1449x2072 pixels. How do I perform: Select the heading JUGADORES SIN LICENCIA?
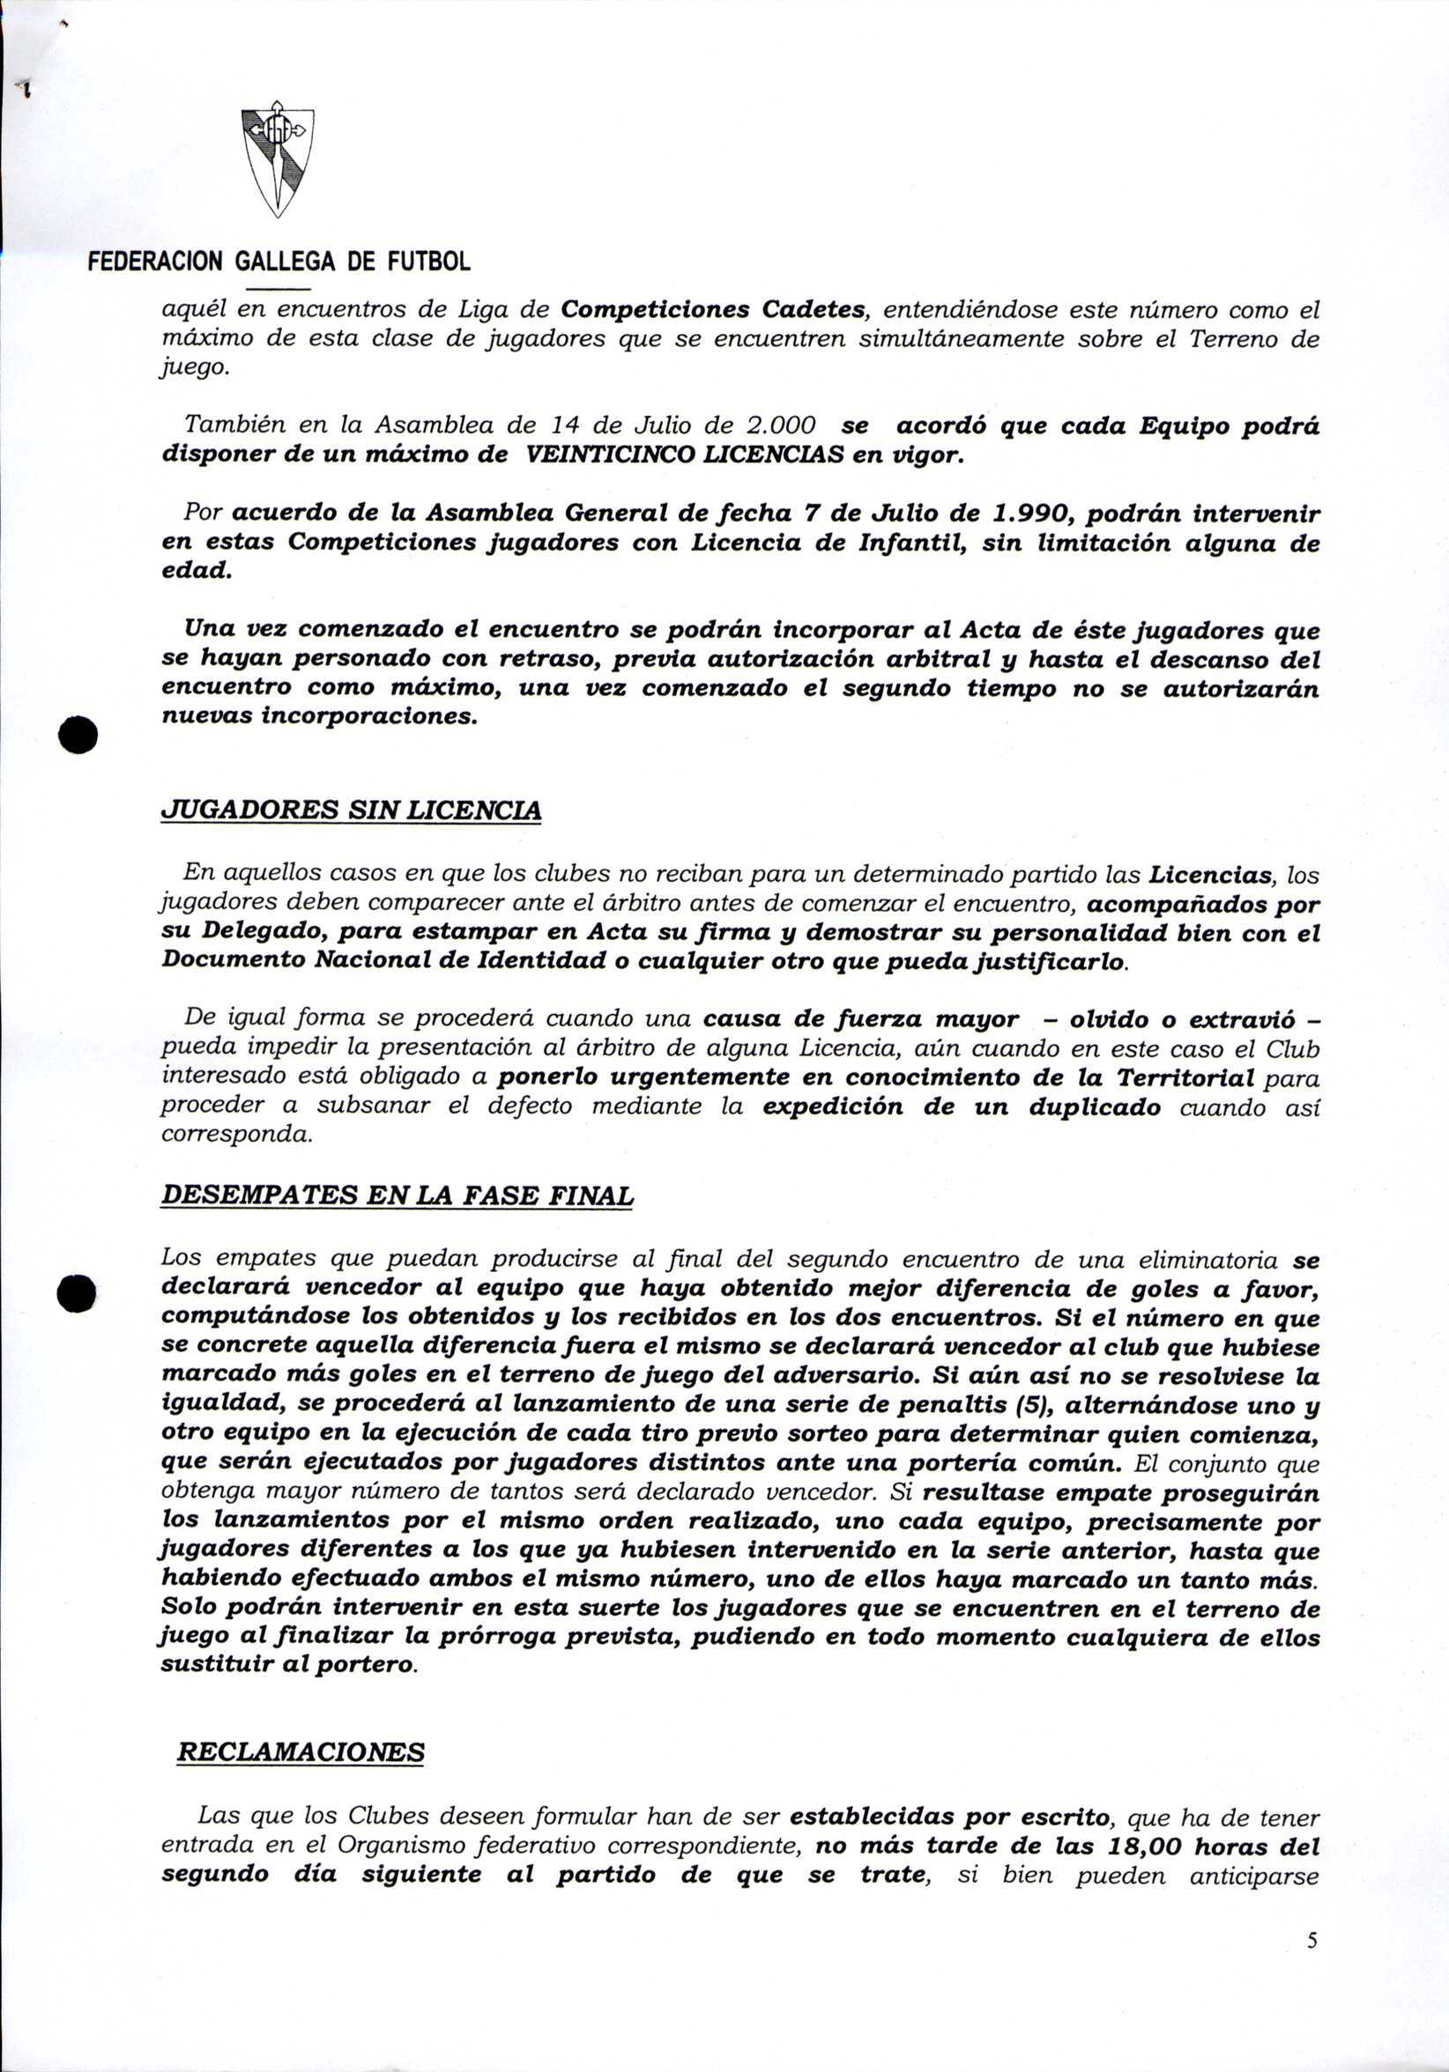point(351,811)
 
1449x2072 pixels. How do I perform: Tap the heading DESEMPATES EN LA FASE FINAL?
point(398,1196)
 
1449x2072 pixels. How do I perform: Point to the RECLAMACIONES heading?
point(301,1752)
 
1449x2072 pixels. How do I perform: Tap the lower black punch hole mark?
point(78,1295)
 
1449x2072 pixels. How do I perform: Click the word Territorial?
point(1185,1078)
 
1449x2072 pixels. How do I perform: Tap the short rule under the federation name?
point(277,289)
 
